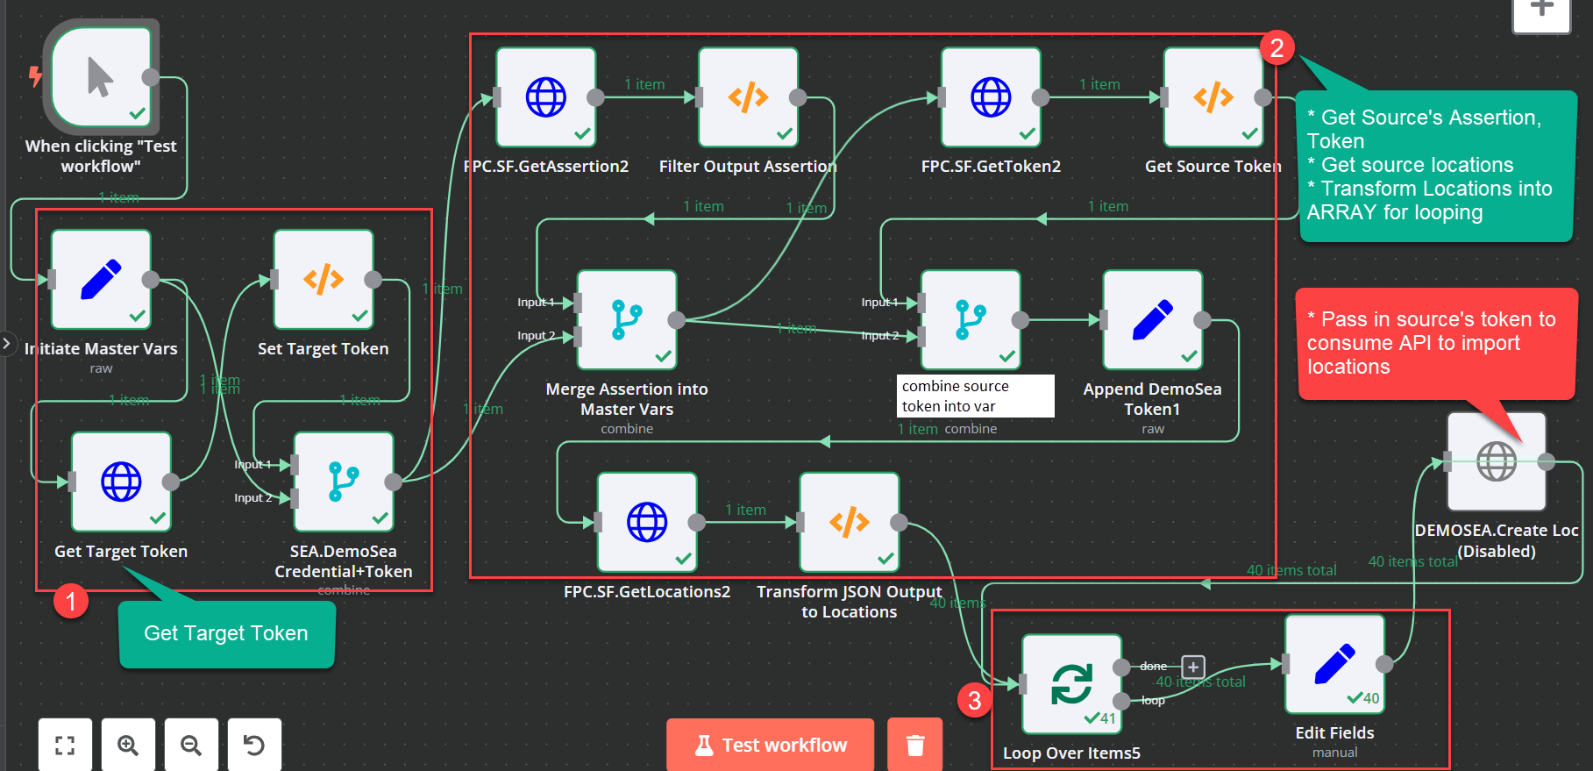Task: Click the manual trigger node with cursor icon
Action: click(x=101, y=77)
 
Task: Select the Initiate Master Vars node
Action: click(x=101, y=280)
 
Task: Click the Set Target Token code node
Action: click(x=324, y=280)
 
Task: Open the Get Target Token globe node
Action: click(x=121, y=482)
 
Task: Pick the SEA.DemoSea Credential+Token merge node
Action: click(x=344, y=482)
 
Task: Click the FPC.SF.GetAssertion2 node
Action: click(x=546, y=97)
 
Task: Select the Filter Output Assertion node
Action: click(x=748, y=97)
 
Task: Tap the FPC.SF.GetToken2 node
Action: click(x=991, y=97)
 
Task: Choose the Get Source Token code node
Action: click(x=1213, y=97)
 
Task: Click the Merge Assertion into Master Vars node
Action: click(x=627, y=320)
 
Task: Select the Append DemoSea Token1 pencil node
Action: click(x=1152, y=320)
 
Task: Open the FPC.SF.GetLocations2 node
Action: click(x=647, y=523)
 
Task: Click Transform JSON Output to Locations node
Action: click(x=849, y=523)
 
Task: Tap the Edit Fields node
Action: click(x=1334, y=664)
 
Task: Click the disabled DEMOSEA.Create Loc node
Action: click(x=1496, y=461)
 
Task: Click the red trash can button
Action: click(x=914, y=745)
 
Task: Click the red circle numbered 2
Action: click(x=1277, y=47)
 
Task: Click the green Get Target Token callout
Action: click(x=226, y=633)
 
